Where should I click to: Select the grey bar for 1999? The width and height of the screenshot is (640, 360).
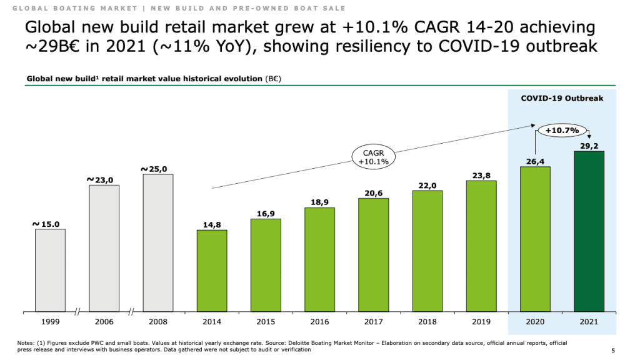click(x=50, y=269)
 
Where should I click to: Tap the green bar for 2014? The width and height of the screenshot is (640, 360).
click(x=212, y=270)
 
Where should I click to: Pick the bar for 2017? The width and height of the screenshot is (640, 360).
click(x=373, y=254)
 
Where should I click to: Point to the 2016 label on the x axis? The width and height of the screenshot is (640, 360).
click(x=319, y=321)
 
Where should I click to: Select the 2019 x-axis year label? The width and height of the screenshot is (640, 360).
click(x=481, y=321)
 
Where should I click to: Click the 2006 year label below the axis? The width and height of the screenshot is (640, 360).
click(x=104, y=321)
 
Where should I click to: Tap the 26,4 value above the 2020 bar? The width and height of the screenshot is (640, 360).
click(x=535, y=162)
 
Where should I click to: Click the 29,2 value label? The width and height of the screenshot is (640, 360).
click(x=589, y=146)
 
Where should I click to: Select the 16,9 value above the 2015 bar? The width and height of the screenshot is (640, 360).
click(x=266, y=214)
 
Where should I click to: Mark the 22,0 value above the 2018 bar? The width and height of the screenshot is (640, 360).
click(x=427, y=186)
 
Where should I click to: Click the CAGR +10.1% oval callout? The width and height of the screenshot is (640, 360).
click(x=374, y=156)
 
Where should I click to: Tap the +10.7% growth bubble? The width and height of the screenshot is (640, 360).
click(x=562, y=131)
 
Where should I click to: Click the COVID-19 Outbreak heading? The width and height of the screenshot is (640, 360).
click(x=562, y=98)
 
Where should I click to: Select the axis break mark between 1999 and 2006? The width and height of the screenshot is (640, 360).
click(x=77, y=311)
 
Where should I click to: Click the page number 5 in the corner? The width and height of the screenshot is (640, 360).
click(x=612, y=350)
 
